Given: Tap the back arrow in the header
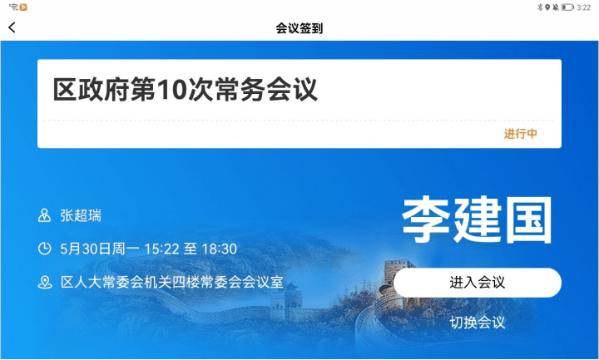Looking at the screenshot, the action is click(x=12, y=27).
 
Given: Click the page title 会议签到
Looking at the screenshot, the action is click(x=299, y=28).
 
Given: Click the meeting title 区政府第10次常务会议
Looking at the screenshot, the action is click(x=186, y=89).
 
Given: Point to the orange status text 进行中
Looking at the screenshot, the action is click(x=520, y=134).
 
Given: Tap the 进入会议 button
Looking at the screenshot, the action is click(x=478, y=283).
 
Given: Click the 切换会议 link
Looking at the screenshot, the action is click(x=478, y=323).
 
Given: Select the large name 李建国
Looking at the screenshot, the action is click(x=477, y=219).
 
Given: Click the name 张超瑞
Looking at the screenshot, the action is click(x=81, y=215).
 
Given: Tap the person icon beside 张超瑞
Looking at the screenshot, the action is click(x=44, y=215).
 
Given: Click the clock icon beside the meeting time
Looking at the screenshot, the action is click(x=45, y=249).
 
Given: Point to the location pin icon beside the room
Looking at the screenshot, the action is click(x=45, y=282).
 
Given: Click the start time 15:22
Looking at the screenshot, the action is click(x=162, y=249).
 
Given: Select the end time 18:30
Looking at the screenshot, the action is click(x=220, y=249).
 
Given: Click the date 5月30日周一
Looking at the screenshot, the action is click(x=99, y=249).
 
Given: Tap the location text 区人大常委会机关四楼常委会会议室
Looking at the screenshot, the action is click(x=172, y=282).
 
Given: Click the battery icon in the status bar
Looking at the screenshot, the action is click(x=567, y=7).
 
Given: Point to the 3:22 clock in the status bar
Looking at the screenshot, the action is click(x=584, y=7).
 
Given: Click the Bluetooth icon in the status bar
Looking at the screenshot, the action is click(x=540, y=7).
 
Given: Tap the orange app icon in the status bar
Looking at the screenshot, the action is click(x=23, y=7).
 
